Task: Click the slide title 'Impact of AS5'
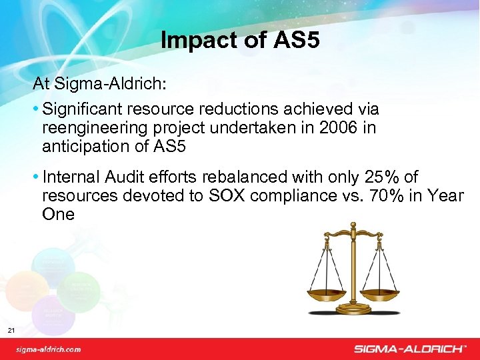pos(240,41)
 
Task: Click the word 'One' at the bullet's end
pos(58,215)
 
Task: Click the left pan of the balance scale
pos(326,292)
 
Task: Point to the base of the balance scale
pos(353,310)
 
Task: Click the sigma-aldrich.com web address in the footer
pos(49,349)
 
